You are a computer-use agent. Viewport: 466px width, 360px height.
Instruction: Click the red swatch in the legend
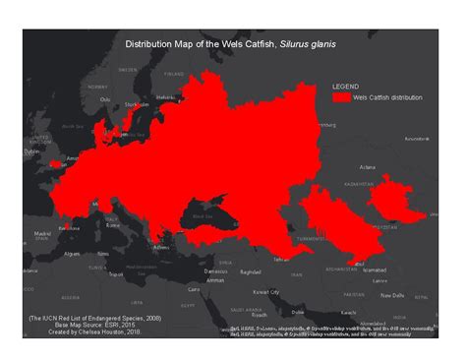coord(341,98)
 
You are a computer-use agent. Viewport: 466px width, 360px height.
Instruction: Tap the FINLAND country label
coord(174,72)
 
